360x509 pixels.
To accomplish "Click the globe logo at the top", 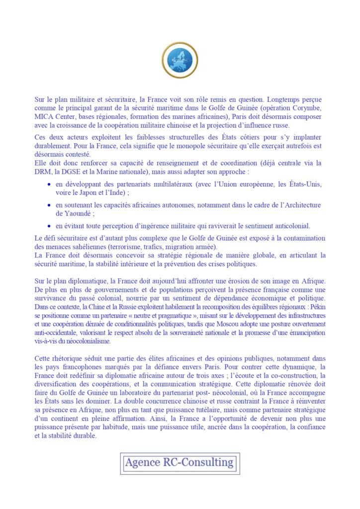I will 180,61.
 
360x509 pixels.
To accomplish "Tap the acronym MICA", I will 44,116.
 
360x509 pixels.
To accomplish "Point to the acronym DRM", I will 43,171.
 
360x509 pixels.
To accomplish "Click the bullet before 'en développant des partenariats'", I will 49,185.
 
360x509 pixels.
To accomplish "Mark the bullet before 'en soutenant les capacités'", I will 49,205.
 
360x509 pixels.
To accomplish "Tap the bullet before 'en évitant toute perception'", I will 49,226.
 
